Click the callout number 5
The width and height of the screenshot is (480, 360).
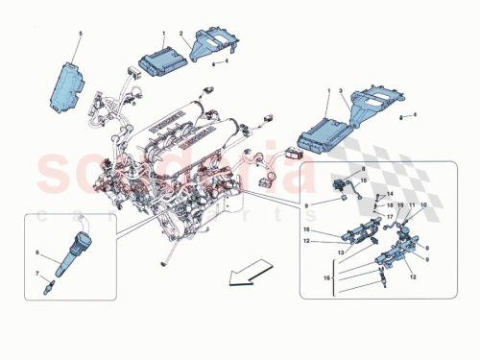80,35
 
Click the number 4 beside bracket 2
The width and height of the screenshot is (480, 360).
226,61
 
